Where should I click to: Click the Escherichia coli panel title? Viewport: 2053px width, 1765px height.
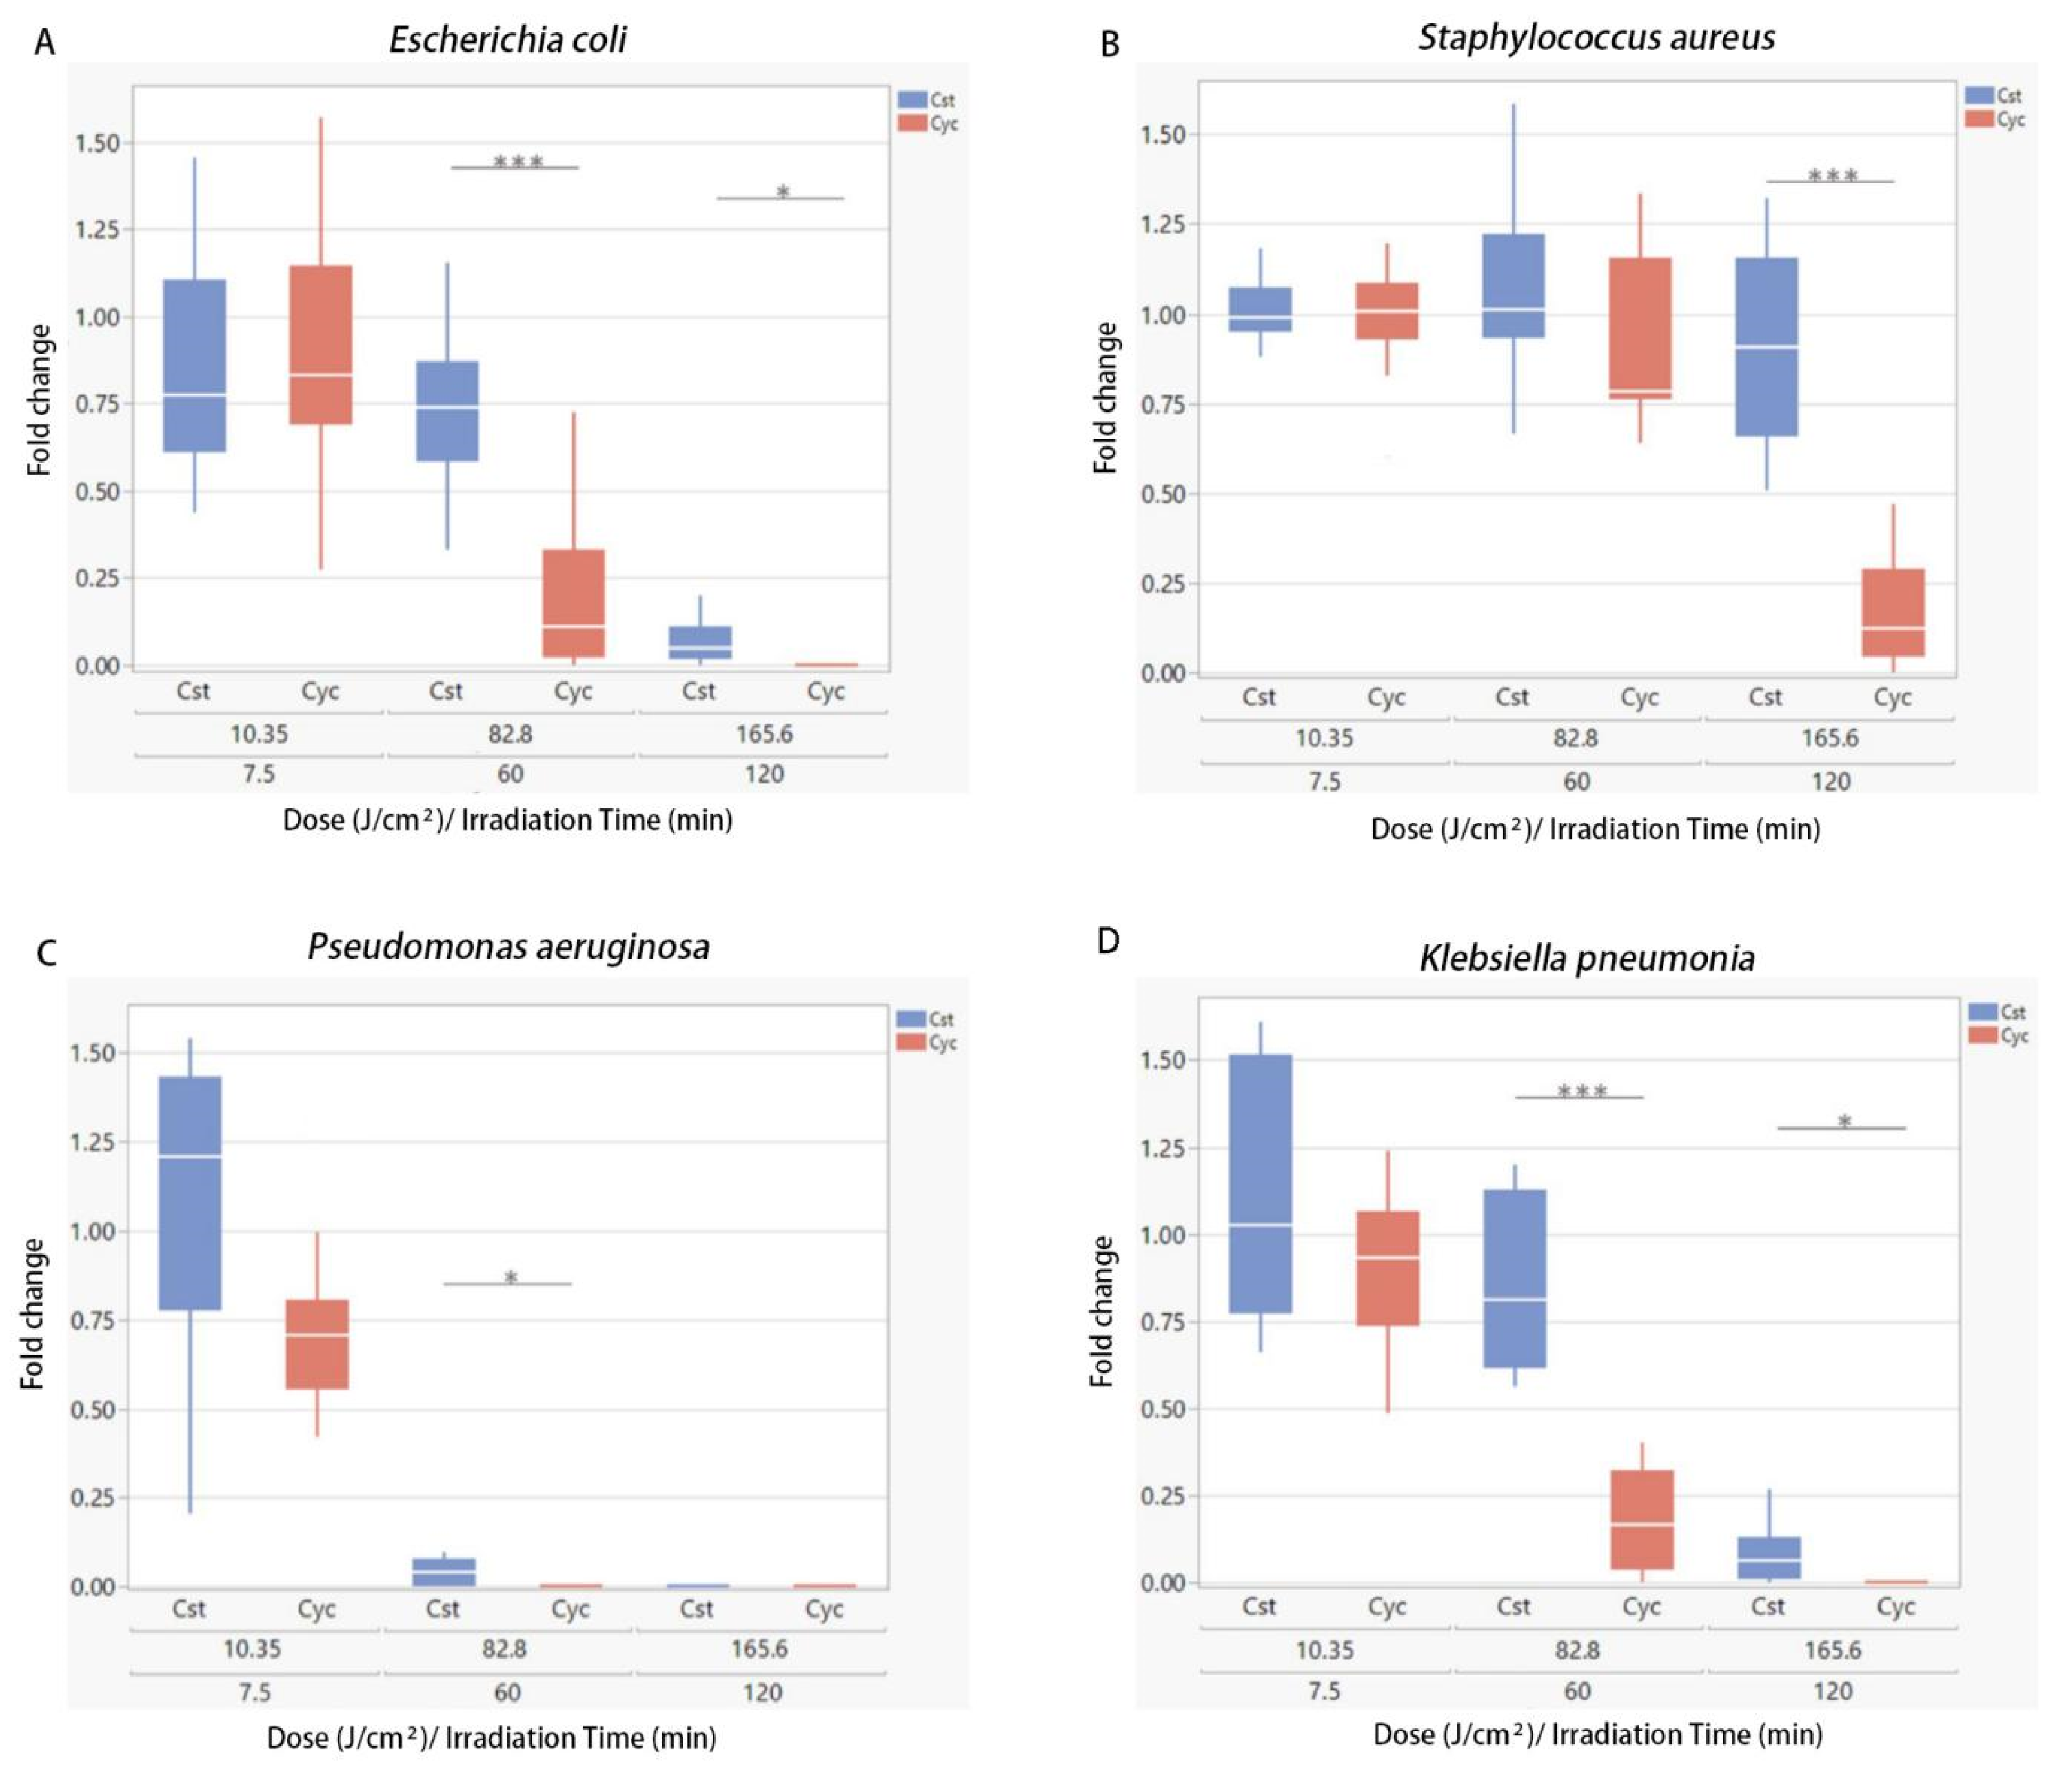pyautogui.click(x=507, y=39)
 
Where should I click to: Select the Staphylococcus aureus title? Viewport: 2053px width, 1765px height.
pyautogui.click(x=1595, y=37)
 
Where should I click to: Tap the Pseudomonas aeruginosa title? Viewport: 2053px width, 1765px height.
pyautogui.click(x=509, y=947)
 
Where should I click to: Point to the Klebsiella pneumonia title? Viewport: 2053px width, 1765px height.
pyautogui.click(x=1586, y=958)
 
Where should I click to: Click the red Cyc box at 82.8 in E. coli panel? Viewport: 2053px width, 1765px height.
pyautogui.click(x=572, y=602)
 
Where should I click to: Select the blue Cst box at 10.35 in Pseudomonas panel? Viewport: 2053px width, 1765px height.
pyautogui.click(x=190, y=1193)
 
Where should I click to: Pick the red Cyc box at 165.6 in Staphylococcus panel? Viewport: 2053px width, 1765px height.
pyautogui.click(x=1892, y=612)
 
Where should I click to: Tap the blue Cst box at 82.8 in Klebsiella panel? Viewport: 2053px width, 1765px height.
pyautogui.click(x=1515, y=1278)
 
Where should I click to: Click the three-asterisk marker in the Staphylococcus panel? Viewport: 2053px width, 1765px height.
pyautogui.click(x=1832, y=176)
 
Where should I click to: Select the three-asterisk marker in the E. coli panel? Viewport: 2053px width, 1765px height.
pyautogui.click(x=517, y=161)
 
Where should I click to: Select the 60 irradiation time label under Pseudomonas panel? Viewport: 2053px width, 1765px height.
pyautogui.click(x=507, y=1693)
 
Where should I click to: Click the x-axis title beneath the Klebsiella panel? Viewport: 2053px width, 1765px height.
pyautogui.click(x=1596, y=1733)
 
